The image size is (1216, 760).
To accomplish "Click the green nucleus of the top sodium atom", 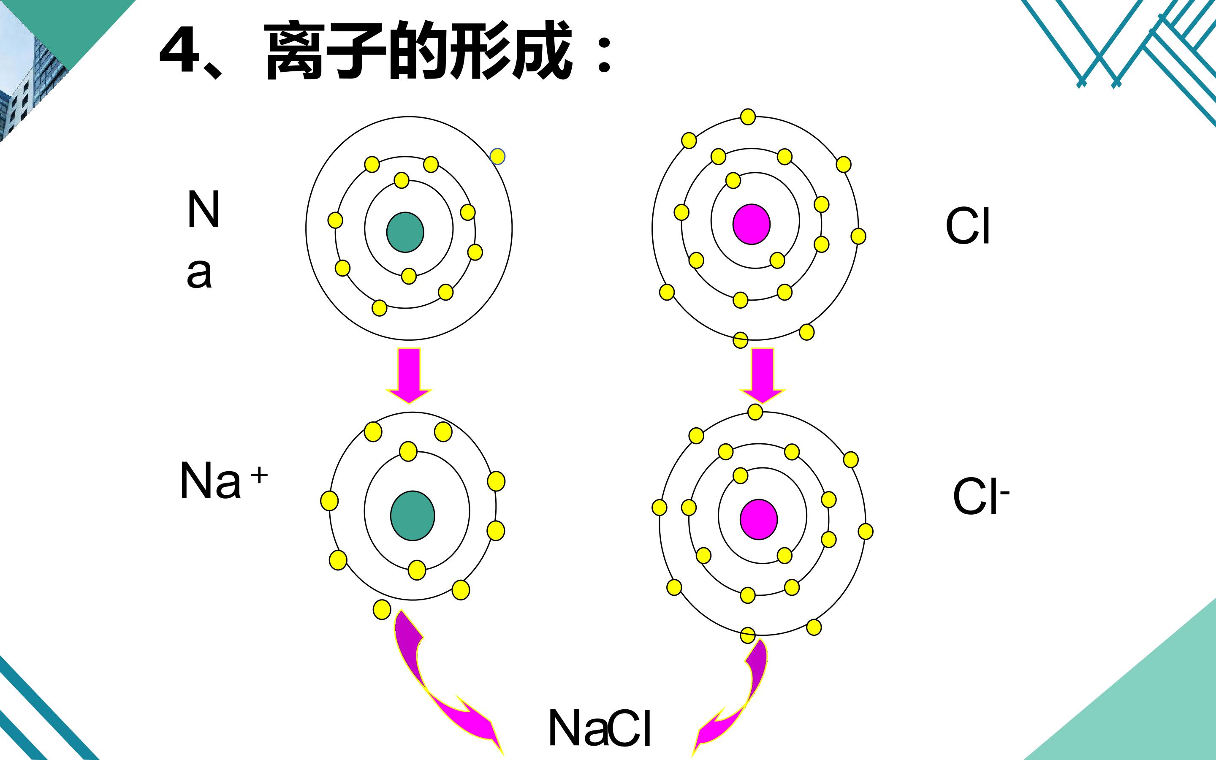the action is pos(405,232).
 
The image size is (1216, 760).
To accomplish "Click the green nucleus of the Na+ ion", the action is pos(413,516).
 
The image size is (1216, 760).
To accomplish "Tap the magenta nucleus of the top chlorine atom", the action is pos(751,224).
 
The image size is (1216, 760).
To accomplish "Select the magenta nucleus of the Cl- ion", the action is pos(759,519).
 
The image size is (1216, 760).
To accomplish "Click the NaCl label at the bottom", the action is pos(600,728).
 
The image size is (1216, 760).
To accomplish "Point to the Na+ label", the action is pos(224,480).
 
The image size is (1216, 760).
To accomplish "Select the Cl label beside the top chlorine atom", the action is pos(968,226).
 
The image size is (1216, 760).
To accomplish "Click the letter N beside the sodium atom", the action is pos(204,209).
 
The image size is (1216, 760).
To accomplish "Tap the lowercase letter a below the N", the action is pos(199,274).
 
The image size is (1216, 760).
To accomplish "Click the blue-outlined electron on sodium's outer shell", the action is pos(497,156).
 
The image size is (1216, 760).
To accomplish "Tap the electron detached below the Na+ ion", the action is pos(382,610).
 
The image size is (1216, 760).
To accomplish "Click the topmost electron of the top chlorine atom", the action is pos(748,117).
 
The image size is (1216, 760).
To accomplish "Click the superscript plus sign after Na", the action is pos(259,475).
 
